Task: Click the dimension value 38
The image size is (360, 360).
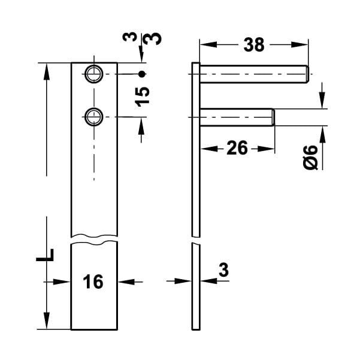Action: click(x=253, y=44)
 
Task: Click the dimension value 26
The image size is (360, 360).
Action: click(x=237, y=148)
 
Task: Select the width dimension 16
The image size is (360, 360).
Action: click(x=94, y=281)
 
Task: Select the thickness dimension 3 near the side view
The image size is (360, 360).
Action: click(x=223, y=270)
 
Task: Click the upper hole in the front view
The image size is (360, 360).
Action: click(x=93, y=74)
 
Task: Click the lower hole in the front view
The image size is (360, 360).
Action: click(x=93, y=116)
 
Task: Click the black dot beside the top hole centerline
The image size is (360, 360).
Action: click(x=141, y=74)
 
